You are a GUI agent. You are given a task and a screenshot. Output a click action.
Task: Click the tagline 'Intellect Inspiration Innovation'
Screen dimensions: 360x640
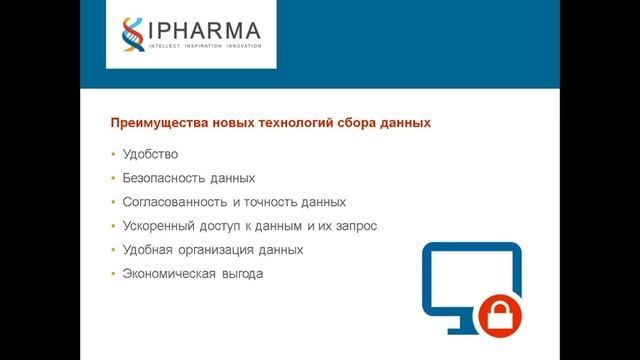click(x=205, y=45)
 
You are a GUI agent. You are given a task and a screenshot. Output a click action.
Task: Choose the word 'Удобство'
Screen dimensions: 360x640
click(x=150, y=154)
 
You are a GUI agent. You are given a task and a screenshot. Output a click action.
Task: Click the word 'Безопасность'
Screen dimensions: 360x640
click(x=163, y=178)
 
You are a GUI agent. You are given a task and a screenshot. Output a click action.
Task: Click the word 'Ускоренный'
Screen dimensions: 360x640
click(x=157, y=226)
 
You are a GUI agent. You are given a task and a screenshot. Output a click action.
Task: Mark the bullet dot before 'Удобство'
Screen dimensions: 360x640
click(x=113, y=154)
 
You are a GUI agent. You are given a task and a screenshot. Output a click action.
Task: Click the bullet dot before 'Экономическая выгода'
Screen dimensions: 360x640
click(x=113, y=274)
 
